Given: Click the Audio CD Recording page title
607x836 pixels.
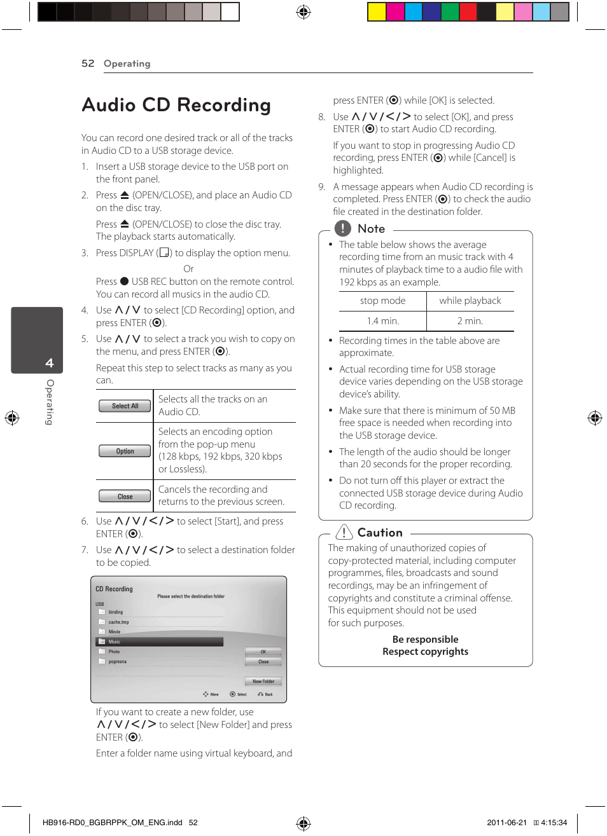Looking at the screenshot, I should coord(176,105).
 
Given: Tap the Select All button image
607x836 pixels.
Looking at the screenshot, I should coord(125,406).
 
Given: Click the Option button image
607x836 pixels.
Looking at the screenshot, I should coord(125,451).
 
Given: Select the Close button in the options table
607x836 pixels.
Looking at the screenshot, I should coord(125,497).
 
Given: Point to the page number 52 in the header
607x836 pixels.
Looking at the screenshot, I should coord(88,64).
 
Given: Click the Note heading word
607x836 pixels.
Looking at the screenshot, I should coord(371,229).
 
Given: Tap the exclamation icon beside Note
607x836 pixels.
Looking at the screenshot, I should coord(342,228).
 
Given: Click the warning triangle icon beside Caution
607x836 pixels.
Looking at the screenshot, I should coord(344,532).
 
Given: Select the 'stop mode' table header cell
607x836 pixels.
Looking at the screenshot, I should coord(382,301).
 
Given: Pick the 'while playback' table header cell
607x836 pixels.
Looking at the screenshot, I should coord(470,301).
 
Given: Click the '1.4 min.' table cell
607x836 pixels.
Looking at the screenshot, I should coord(382,321).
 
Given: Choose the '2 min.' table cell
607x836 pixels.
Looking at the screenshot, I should coord(470,321).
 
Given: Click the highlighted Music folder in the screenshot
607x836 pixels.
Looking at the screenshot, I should coord(159,642).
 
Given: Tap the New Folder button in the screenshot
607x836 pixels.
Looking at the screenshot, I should coord(263,682).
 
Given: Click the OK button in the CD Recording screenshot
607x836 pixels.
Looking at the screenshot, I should coord(263,652).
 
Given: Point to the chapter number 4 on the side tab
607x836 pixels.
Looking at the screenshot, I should coord(49,363).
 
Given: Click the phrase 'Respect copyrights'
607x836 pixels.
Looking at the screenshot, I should coord(425,652).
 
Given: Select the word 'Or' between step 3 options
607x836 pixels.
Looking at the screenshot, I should coord(188,269).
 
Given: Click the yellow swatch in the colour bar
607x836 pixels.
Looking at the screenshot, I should coord(377,11).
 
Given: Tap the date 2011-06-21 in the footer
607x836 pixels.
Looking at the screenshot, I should coord(506,823).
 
